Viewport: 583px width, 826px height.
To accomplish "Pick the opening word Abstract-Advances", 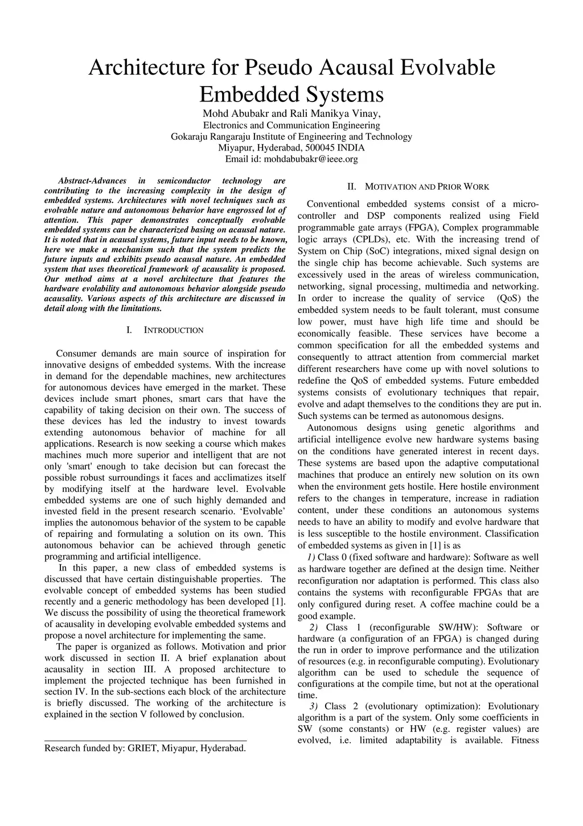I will click(x=92, y=181).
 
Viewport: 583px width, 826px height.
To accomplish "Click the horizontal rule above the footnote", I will click(x=145, y=740).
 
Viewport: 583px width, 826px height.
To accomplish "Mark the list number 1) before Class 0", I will click(x=310, y=557).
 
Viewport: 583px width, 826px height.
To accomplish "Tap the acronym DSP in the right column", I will click(x=376, y=215).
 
